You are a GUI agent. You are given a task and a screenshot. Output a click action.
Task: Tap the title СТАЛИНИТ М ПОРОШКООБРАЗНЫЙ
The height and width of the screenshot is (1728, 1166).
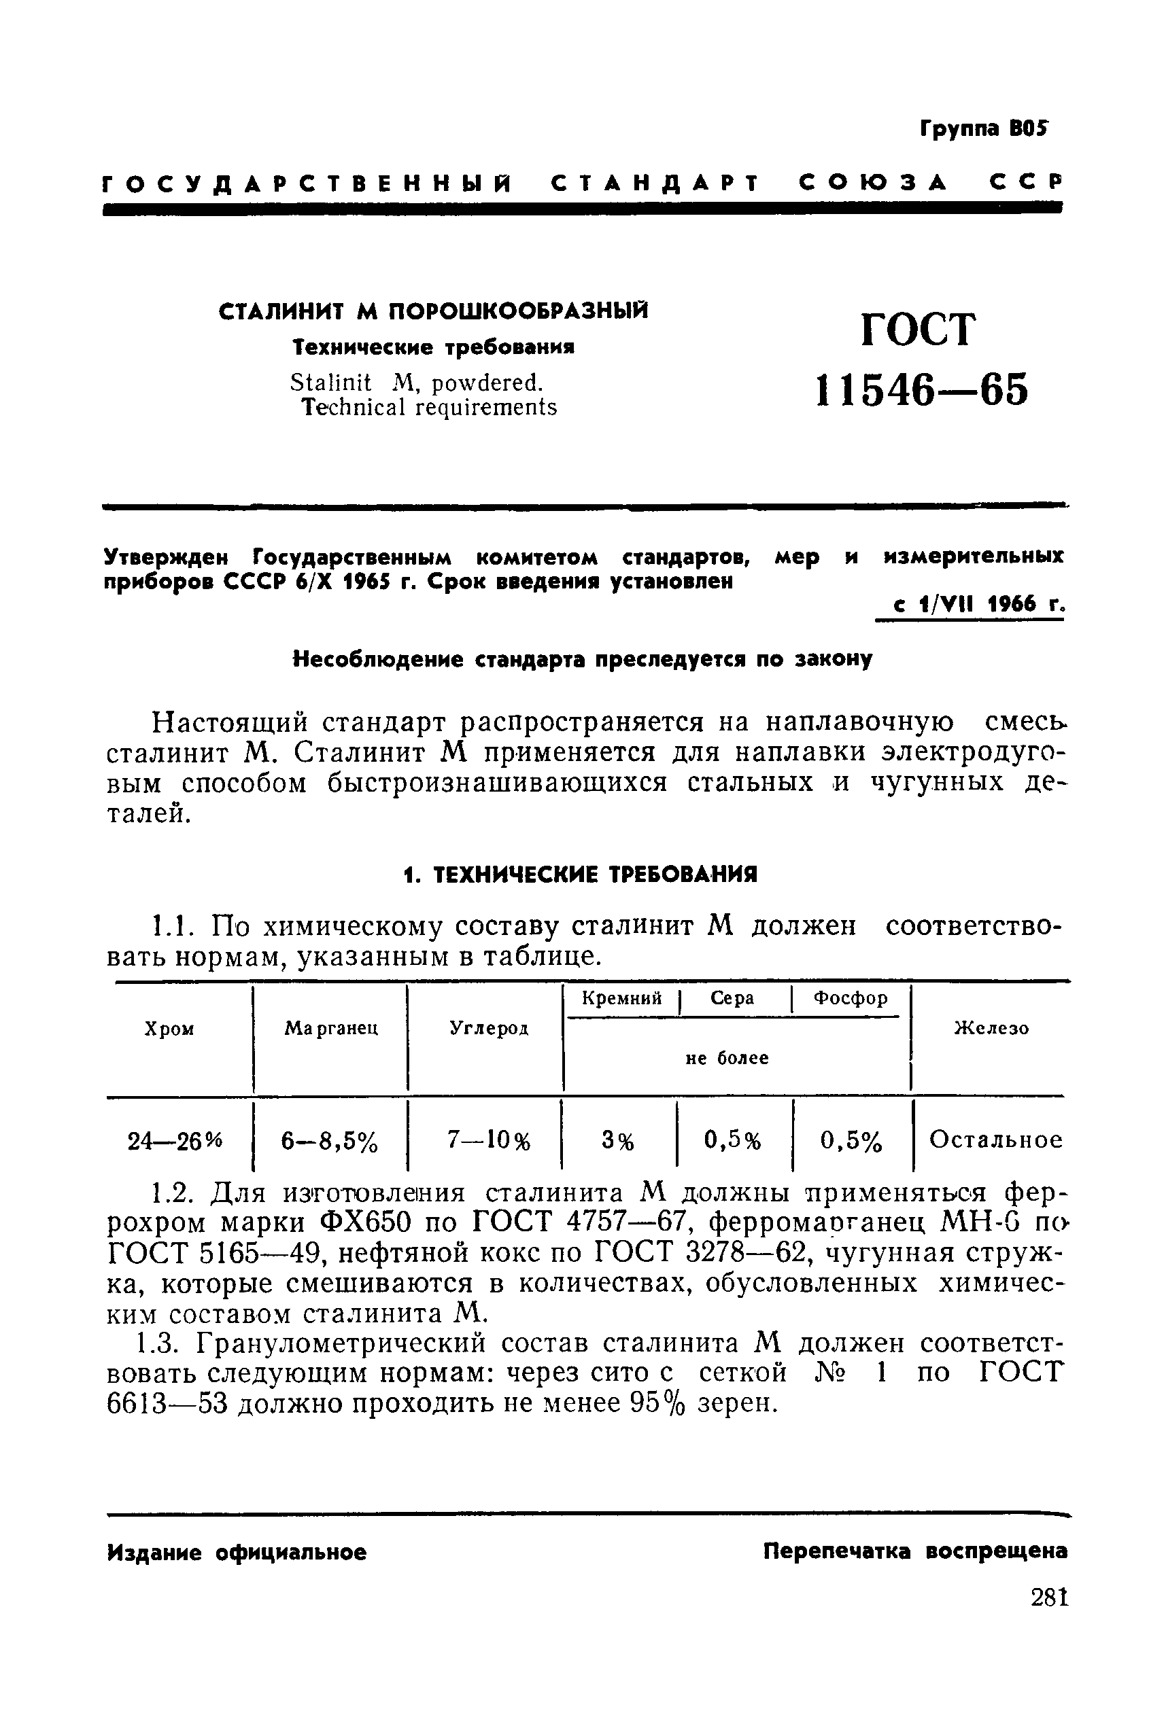pos(433,311)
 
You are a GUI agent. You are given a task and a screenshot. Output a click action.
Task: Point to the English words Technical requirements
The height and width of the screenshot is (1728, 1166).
pos(429,407)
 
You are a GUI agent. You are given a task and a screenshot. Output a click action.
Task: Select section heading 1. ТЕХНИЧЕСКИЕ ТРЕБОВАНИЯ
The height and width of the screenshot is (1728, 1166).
pos(581,874)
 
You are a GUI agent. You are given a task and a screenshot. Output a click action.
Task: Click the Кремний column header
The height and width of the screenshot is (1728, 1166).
pos(621,998)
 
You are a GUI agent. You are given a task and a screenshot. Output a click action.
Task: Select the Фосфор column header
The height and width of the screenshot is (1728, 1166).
pos(850,998)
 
